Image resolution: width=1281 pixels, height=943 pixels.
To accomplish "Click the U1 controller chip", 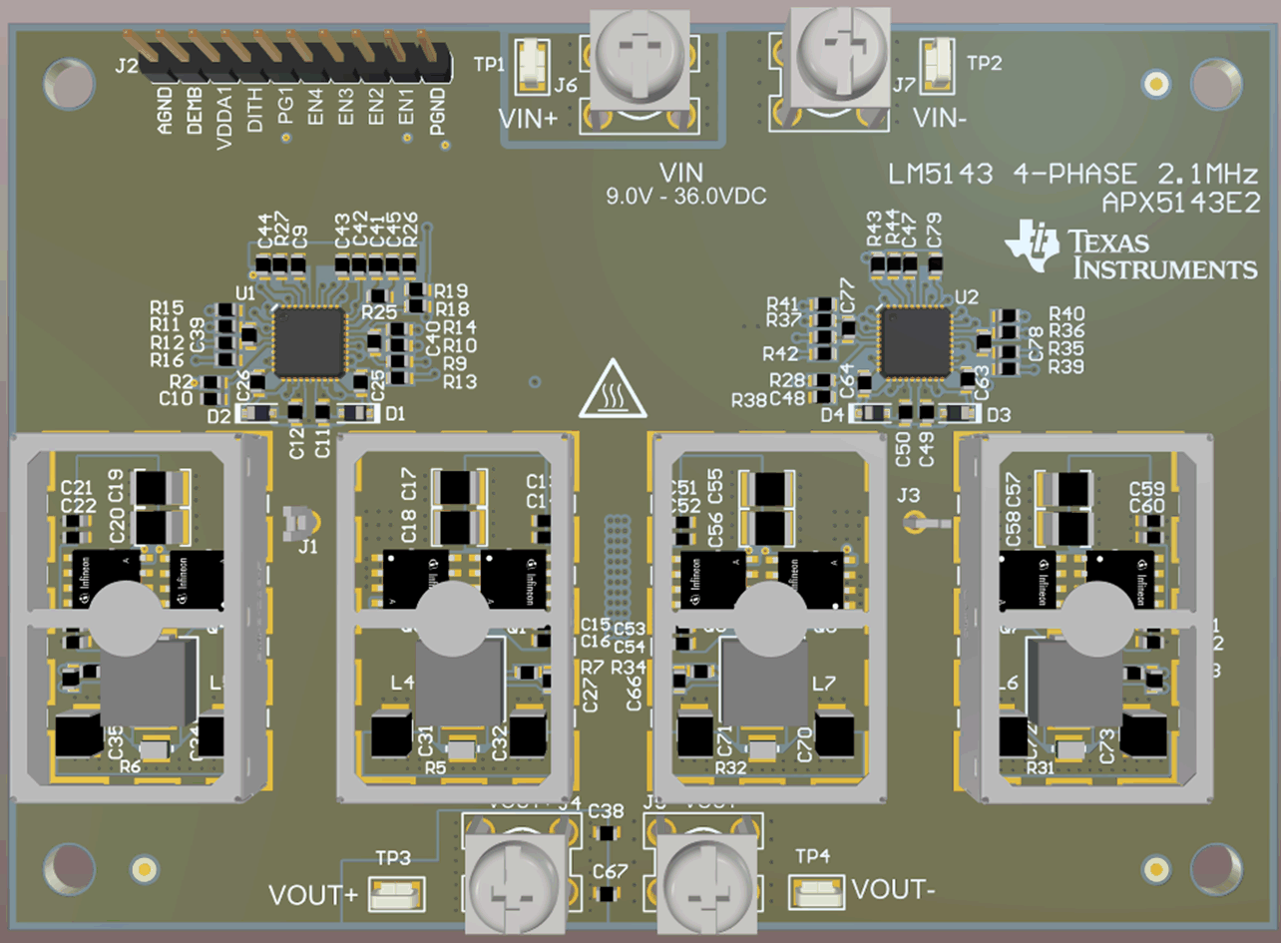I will coord(309,342).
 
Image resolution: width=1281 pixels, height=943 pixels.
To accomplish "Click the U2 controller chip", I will coord(914,342).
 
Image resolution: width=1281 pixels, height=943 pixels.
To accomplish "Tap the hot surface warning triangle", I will coord(613,391).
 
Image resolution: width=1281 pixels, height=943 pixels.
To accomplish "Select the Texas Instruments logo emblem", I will coord(1032,245).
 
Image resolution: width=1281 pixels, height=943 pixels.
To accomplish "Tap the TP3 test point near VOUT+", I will coord(396,894).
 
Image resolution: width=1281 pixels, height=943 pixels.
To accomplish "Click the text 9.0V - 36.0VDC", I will coord(686,197).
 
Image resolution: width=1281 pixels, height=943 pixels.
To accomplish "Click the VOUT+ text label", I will coord(312,895).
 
